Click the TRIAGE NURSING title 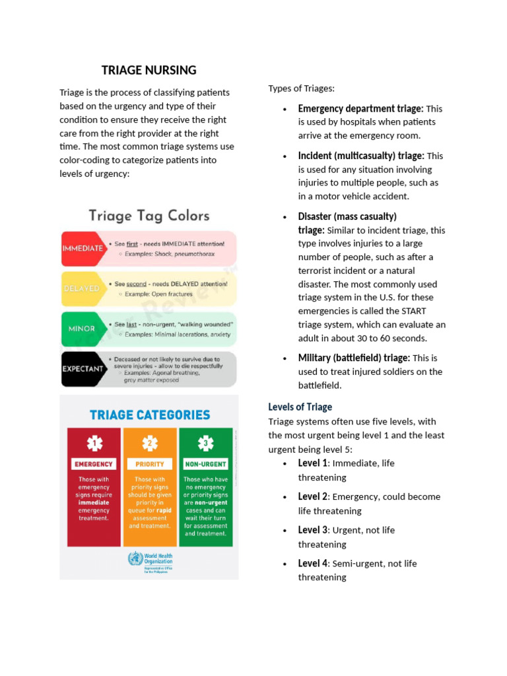(x=149, y=70)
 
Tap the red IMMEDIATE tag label (x=82, y=248)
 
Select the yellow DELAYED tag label (x=82, y=288)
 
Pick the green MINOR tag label (x=81, y=329)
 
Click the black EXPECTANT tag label (x=82, y=368)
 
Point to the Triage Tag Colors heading (x=149, y=216)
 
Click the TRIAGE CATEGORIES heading (x=150, y=415)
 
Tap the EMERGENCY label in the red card (x=94, y=464)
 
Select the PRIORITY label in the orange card (x=150, y=464)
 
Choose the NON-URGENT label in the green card (x=206, y=464)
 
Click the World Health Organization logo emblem (x=135, y=558)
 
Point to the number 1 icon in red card (x=94, y=442)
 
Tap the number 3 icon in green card (x=206, y=442)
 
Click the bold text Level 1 (x=313, y=463)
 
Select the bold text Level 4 (x=313, y=563)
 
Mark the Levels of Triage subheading (x=300, y=407)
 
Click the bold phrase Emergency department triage (x=360, y=108)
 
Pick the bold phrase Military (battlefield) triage (x=354, y=358)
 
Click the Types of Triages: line (x=301, y=88)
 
